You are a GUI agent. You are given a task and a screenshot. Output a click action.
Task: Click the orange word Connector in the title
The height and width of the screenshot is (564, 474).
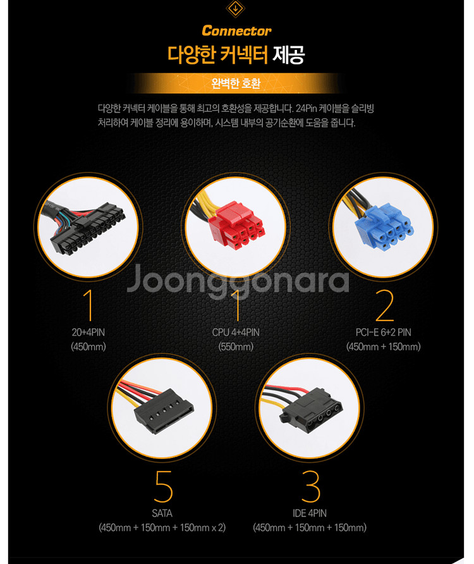[236, 31]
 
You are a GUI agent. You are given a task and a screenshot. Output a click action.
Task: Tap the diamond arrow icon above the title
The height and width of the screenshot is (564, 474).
[236, 9]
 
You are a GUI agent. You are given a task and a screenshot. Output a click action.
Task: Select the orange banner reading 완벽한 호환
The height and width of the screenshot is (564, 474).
[236, 83]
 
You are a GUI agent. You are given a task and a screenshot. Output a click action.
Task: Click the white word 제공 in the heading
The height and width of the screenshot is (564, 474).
[289, 55]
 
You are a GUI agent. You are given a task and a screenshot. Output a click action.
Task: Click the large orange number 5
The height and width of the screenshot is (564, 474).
[164, 486]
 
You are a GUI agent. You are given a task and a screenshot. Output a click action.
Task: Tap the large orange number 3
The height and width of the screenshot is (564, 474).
[310, 486]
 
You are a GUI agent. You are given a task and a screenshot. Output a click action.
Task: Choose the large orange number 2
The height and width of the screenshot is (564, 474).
[384, 305]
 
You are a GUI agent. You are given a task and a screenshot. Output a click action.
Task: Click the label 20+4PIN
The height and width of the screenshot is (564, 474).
[88, 333]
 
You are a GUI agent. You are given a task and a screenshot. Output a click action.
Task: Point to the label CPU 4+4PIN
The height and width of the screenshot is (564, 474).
[236, 333]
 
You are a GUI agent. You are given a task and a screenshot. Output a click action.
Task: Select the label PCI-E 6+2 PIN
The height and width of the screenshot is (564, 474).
[384, 333]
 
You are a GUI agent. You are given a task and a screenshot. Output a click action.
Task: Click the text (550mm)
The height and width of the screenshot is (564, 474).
[236, 346]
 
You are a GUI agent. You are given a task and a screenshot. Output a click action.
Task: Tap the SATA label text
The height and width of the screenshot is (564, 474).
[162, 513]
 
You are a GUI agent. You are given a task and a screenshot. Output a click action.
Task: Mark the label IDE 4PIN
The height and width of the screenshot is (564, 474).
[310, 513]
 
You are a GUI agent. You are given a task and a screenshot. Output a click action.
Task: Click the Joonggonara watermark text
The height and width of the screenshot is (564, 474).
[238, 281]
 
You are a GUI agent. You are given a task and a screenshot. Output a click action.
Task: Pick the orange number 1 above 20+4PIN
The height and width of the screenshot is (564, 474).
[88, 305]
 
